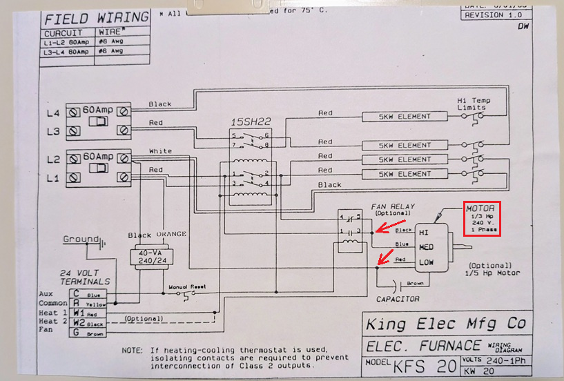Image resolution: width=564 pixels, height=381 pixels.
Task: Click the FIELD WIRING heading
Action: point(96,17)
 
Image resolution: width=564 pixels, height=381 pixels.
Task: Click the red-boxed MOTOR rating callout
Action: point(483,219)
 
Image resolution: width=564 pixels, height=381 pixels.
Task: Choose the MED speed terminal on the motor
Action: point(427,246)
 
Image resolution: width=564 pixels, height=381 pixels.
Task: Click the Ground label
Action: point(81,240)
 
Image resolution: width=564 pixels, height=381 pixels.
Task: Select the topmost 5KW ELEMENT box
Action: point(404,116)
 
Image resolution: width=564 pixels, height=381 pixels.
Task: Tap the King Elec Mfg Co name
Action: point(446,323)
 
